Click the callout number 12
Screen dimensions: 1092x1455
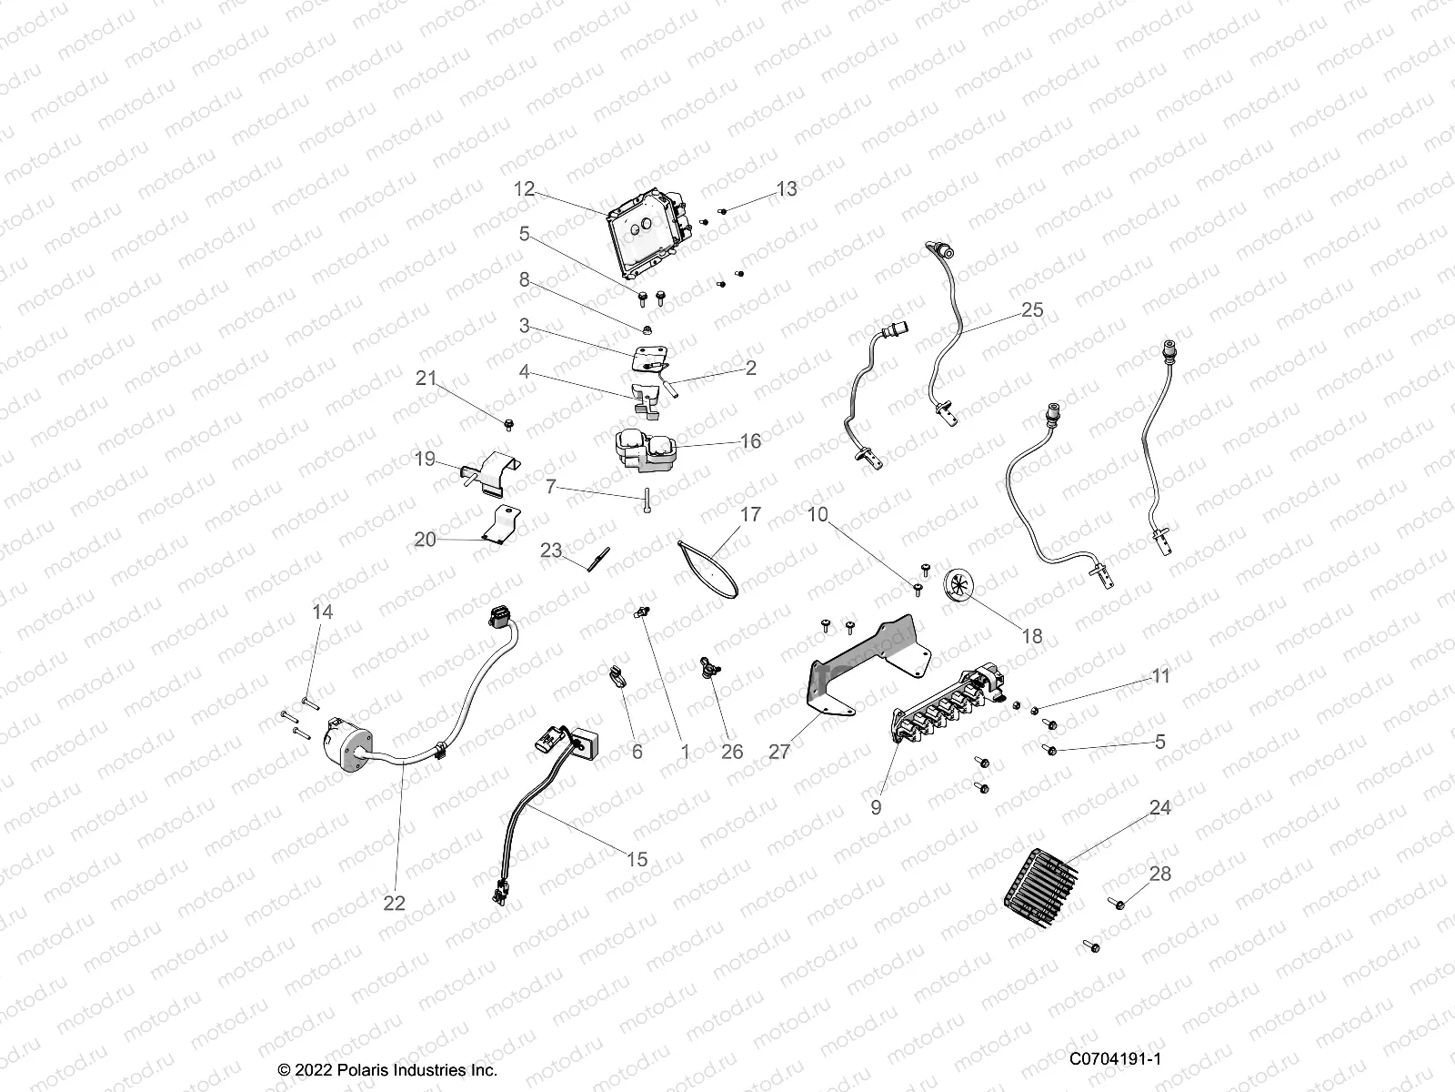(524, 189)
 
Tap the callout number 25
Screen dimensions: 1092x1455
(1032, 310)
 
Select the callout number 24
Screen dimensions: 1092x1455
(1159, 808)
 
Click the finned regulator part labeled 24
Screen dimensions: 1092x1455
(1039, 887)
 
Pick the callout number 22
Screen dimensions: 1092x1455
(394, 903)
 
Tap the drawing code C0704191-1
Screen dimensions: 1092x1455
(1116, 1059)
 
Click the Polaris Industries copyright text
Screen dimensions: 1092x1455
(387, 1070)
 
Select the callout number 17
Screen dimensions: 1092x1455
(750, 515)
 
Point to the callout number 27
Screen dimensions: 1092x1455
(779, 753)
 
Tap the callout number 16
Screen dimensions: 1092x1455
(750, 441)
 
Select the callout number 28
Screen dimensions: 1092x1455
(1159, 874)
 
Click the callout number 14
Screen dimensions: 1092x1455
(322, 612)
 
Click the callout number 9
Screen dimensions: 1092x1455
(876, 807)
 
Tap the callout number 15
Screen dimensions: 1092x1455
(637, 859)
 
